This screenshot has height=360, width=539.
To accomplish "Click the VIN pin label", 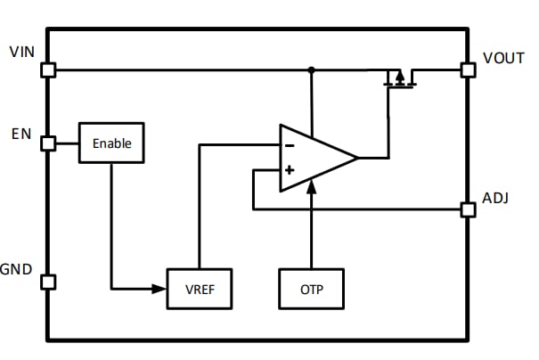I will (21, 51).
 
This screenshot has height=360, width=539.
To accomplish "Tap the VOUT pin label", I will (503, 57).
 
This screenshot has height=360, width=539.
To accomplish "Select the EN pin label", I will (21, 135).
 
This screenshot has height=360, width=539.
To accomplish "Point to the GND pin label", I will (17, 269).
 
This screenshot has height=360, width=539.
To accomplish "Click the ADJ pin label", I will (495, 198).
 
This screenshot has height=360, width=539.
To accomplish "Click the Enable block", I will (111, 143).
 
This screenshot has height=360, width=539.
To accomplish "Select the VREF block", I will (200, 289).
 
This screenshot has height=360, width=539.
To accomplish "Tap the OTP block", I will (311, 289).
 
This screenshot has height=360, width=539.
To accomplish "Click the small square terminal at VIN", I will (48, 70).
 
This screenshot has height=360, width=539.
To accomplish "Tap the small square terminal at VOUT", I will (468, 70).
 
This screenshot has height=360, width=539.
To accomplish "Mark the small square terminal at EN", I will (48, 143).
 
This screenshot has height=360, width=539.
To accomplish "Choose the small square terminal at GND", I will (48, 282).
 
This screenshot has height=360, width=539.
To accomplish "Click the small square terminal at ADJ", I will (468, 209).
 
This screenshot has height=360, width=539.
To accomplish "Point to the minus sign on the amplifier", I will (290, 144).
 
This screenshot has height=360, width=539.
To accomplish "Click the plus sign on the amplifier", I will (290, 169).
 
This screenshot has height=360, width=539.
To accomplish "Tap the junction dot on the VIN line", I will (312, 70).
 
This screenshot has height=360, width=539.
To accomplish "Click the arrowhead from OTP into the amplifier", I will (311, 187).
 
